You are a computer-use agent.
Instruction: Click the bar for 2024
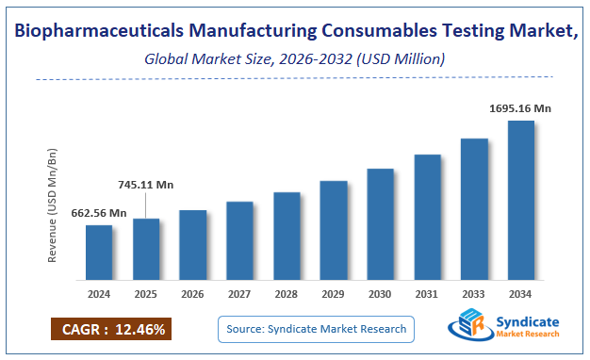pyautogui.click(x=99, y=253)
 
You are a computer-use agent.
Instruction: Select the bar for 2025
pyautogui.click(x=146, y=249)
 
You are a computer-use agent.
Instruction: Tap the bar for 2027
pyautogui.click(x=239, y=240)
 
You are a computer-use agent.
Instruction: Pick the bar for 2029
pyautogui.click(x=334, y=230)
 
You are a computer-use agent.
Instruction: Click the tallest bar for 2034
pyautogui.click(x=520, y=200)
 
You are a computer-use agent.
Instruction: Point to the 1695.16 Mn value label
pyautogui.click(x=520, y=108)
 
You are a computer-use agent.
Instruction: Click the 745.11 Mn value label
pyautogui.click(x=146, y=185)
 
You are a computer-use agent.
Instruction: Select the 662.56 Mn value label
pyautogui.click(x=99, y=213)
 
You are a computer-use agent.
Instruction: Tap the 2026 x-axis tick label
pyautogui.click(x=193, y=293)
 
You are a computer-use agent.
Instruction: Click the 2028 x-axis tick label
pyautogui.click(x=287, y=293)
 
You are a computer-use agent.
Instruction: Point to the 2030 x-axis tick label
pyautogui.click(x=380, y=293)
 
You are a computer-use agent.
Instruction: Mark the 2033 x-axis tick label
pyautogui.click(x=474, y=293)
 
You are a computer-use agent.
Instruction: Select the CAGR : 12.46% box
pyautogui.click(x=110, y=330)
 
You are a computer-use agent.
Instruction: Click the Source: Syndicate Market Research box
pyautogui.click(x=317, y=329)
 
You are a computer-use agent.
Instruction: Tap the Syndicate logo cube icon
pyautogui.click(x=468, y=329)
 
